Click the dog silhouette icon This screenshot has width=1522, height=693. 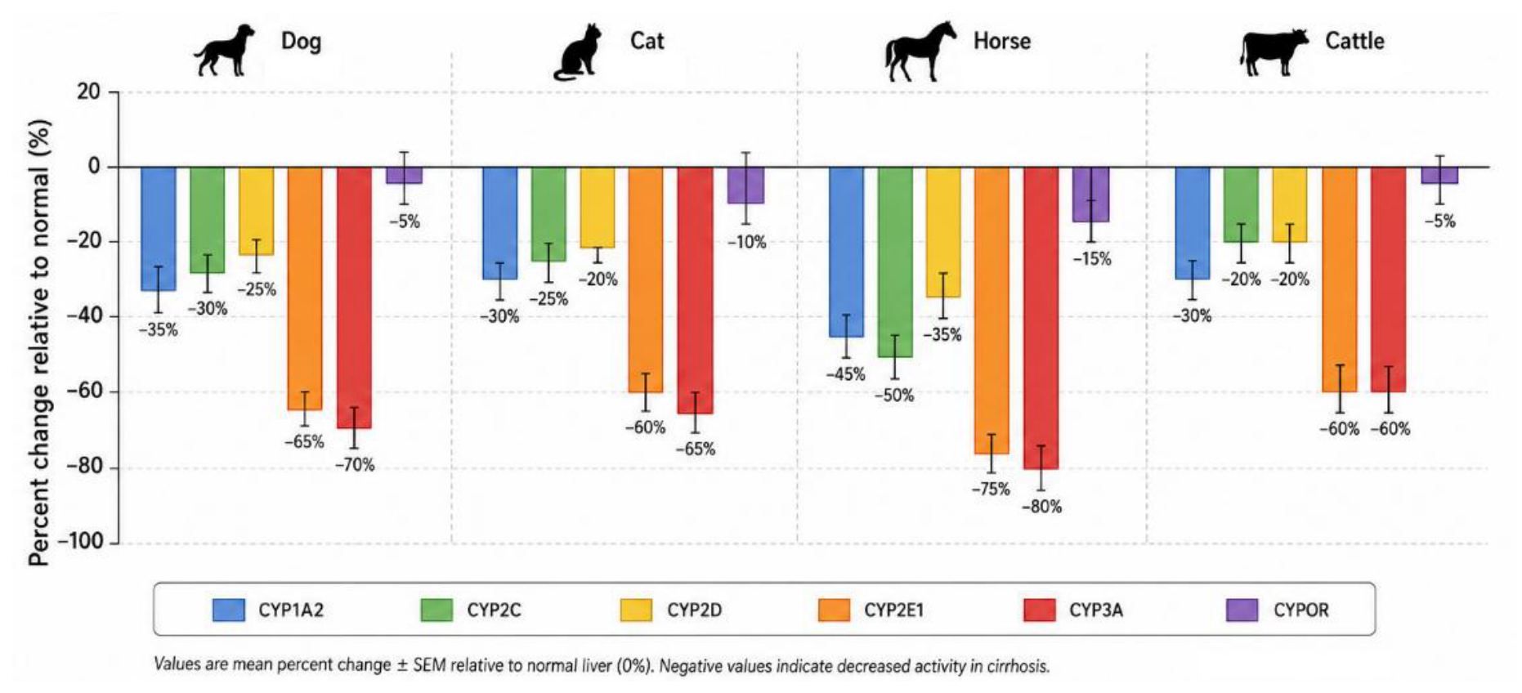click(x=223, y=51)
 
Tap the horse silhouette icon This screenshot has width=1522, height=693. click(x=920, y=51)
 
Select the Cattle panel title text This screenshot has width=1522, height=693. click(x=1354, y=41)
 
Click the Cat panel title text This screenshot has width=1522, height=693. click(x=647, y=41)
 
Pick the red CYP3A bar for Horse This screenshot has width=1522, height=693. click(x=1041, y=318)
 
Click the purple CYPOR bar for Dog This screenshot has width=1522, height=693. click(x=404, y=175)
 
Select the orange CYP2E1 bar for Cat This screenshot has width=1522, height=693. click(x=646, y=279)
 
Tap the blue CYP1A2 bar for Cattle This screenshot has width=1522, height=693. click(x=1192, y=223)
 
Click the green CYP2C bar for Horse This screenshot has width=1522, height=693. click(x=895, y=262)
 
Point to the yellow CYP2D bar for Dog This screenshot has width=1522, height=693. click(x=256, y=211)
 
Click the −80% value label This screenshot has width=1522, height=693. click(x=1041, y=507)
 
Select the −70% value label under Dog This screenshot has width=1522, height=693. click(x=355, y=465)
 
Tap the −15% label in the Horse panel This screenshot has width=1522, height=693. click(x=1092, y=259)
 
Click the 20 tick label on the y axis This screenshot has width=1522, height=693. click(x=88, y=92)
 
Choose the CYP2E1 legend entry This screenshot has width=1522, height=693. click(x=871, y=610)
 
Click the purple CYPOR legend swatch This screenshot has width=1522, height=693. click(x=1242, y=610)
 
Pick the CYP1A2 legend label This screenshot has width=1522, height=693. click(x=291, y=610)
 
